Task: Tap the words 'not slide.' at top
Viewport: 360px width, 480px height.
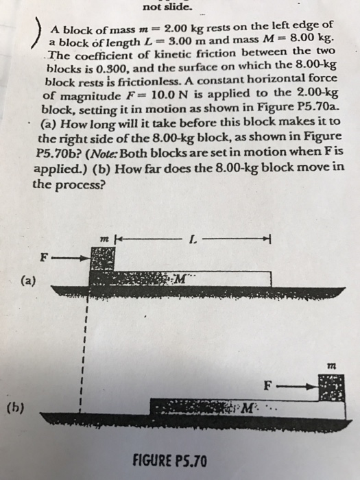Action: (167, 8)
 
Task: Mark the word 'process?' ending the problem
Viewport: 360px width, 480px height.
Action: (83, 184)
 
